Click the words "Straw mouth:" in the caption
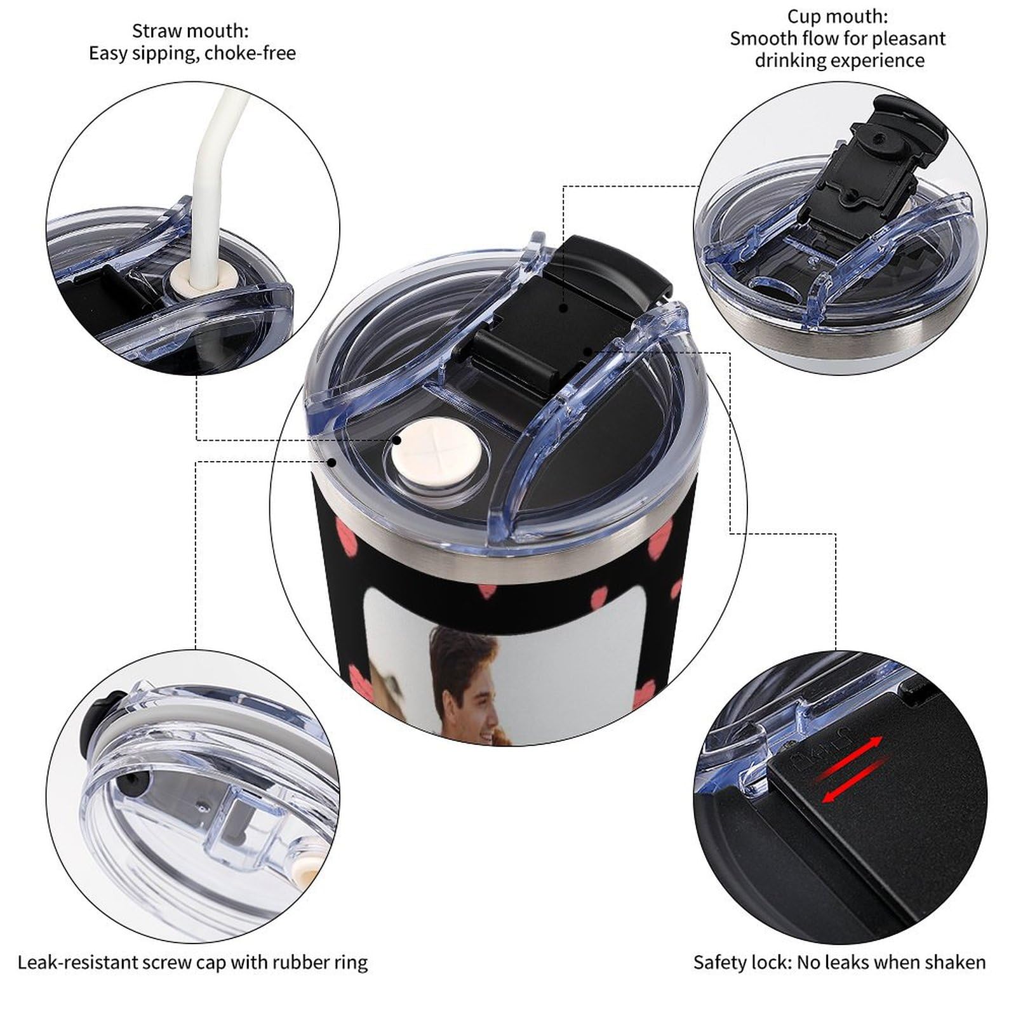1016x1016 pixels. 190,30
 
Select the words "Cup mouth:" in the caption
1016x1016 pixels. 838,16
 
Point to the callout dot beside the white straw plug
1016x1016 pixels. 397,439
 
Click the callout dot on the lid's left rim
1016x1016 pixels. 331,462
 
